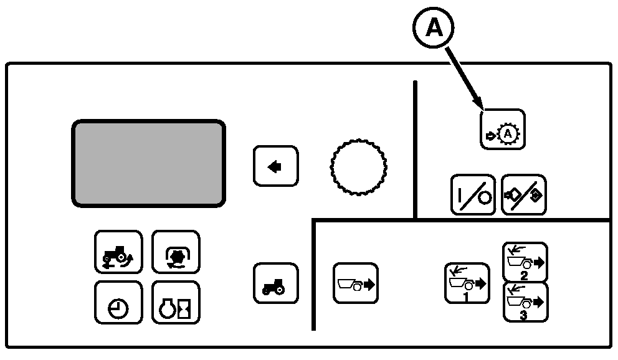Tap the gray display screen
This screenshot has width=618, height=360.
tap(148, 163)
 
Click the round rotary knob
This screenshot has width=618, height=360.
tap(358, 167)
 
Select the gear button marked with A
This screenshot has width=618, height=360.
tap(503, 130)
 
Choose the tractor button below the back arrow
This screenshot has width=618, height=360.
tap(275, 283)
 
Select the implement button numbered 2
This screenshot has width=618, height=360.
tap(525, 262)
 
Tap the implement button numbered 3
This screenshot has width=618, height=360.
tap(525, 302)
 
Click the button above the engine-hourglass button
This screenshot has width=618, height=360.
tap(176, 252)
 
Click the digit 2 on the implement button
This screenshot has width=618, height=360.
tap(524, 275)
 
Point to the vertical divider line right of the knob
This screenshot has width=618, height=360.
tap(415, 149)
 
